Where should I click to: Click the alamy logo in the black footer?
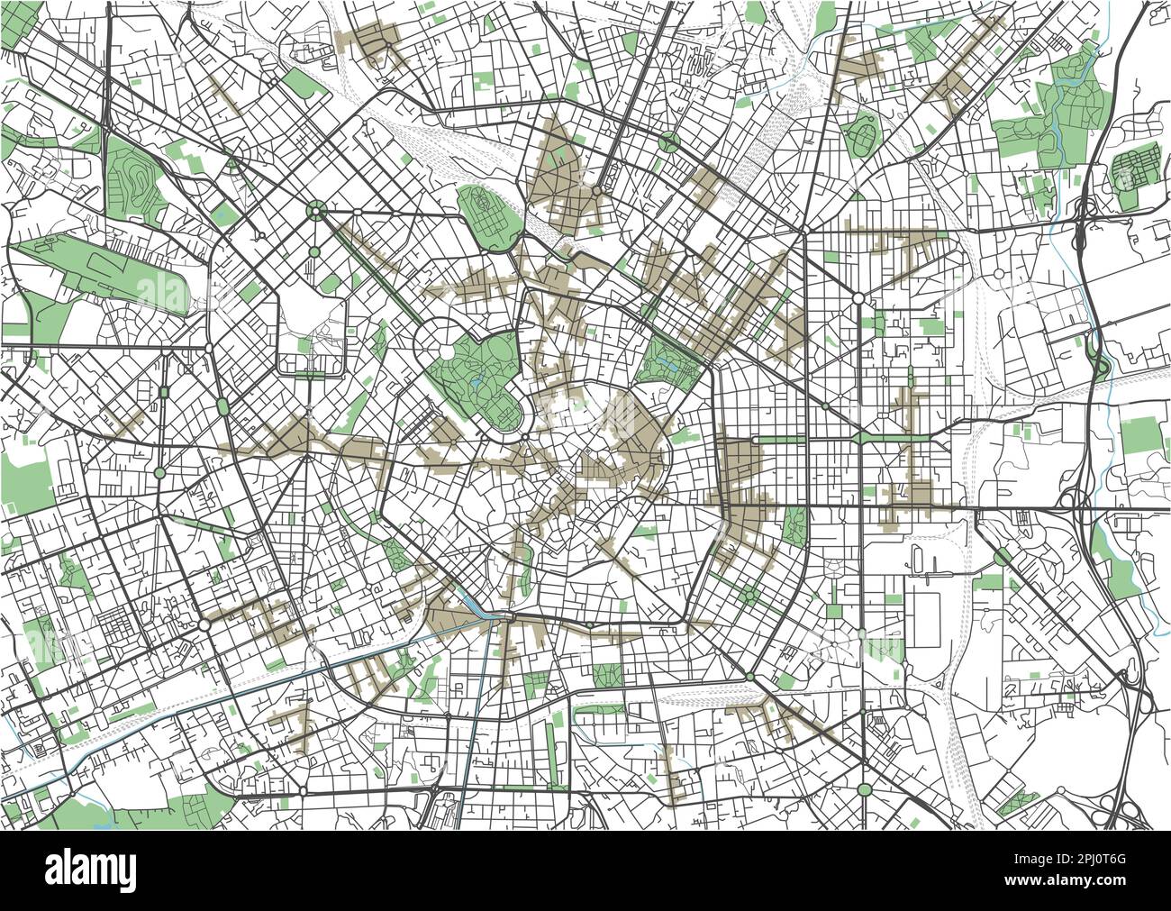tap(90, 870)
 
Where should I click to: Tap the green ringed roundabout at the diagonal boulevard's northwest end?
tap(315, 212)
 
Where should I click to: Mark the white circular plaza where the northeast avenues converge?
tap(858, 297)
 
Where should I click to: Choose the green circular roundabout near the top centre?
tap(668, 141)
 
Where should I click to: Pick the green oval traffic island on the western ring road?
tap(222, 408)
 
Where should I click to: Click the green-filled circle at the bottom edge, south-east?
tap(865, 789)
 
